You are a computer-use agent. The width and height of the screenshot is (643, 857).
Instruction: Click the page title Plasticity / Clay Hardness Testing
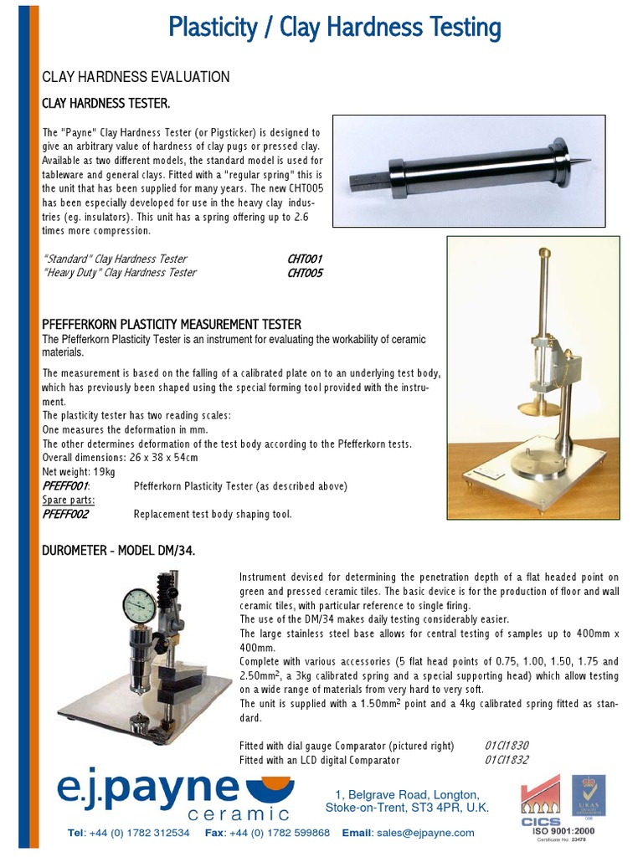pos(334,28)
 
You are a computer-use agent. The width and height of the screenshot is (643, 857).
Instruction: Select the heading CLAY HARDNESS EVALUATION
pos(136,77)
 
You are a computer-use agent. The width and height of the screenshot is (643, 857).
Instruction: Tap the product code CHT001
pos(305,259)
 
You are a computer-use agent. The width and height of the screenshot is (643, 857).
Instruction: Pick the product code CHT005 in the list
pos(305,273)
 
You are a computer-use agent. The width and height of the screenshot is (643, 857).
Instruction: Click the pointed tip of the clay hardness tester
pos(585,159)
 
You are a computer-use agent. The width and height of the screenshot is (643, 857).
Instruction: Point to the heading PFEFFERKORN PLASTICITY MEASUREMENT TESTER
pos(172,324)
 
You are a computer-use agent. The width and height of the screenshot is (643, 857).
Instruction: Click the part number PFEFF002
pos(65,515)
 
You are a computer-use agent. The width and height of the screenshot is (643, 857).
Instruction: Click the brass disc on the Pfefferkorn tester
pos(535,408)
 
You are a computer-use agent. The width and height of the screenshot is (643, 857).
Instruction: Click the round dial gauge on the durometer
pos(138,607)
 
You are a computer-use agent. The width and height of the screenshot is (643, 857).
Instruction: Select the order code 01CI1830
pos(507,746)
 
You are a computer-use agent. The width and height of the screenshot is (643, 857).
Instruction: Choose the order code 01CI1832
pos(507,760)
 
